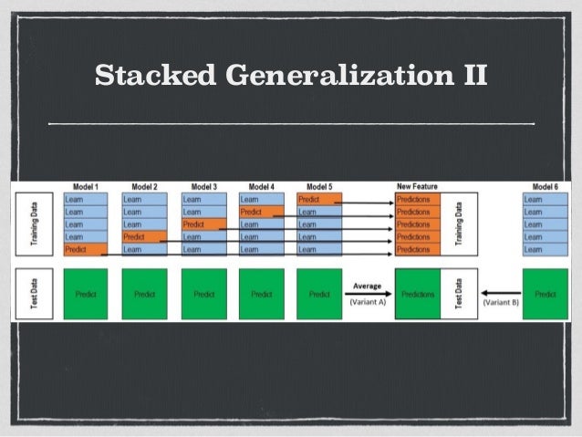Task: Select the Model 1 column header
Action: [86, 186]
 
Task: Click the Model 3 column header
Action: [203, 186]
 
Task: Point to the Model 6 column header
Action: [546, 186]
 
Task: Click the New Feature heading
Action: [417, 186]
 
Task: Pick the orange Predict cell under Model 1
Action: [86, 249]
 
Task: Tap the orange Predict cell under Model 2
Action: [144, 236]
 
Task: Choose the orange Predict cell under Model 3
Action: [203, 224]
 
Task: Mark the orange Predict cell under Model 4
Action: [262, 212]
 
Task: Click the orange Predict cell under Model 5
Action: [319, 199]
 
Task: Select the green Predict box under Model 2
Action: [144, 294]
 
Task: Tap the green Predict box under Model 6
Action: [546, 294]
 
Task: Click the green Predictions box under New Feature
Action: [418, 294]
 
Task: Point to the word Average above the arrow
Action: [367, 286]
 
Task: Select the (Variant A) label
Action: [367, 303]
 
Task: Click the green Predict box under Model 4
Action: [262, 294]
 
